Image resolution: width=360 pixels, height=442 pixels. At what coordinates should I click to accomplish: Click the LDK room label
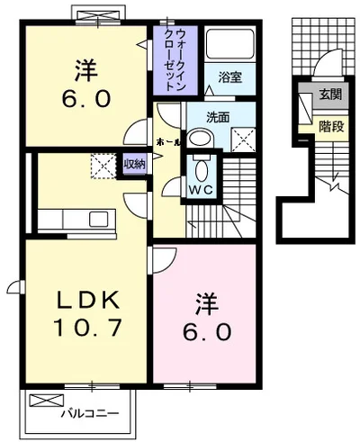pyautogui.click(x=89, y=300)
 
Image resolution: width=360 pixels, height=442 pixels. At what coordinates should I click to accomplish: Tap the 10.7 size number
pyautogui.click(x=87, y=327)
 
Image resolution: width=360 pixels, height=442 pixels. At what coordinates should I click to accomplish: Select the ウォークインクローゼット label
pyautogui.click(x=175, y=59)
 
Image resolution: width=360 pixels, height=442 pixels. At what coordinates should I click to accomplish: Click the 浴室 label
pyautogui.click(x=230, y=77)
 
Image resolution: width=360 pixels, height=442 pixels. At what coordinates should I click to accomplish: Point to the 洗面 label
pyautogui.click(x=218, y=117)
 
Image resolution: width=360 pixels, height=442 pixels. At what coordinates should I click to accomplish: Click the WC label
pyautogui.click(x=201, y=189)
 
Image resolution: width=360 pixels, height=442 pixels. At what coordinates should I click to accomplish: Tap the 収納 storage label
pyautogui.click(x=135, y=164)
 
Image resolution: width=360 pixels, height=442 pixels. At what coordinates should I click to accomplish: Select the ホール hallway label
pyautogui.click(x=168, y=142)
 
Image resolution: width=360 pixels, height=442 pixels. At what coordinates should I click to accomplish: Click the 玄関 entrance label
pyautogui.click(x=330, y=95)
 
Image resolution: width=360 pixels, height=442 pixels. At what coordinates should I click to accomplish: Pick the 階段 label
pyautogui.click(x=331, y=127)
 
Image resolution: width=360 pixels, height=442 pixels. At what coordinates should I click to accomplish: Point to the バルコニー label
pyautogui.click(x=90, y=414)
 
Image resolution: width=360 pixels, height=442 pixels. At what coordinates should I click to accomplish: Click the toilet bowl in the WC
pyautogui.click(x=201, y=170)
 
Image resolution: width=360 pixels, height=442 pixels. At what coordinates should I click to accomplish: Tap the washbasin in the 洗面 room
pyautogui.click(x=200, y=139)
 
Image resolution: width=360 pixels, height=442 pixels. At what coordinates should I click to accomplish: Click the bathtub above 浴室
pyautogui.click(x=230, y=44)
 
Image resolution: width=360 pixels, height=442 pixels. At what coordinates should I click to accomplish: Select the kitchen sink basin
pyautogui.click(x=98, y=219)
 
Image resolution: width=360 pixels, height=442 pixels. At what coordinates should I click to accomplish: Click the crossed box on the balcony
pyautogui.click(x=47, y=401)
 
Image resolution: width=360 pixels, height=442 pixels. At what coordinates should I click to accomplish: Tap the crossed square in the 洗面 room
pyautogui.click(x=243, y=140)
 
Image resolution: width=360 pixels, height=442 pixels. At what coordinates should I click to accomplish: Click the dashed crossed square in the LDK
pyautogui.click(x=103, y=167)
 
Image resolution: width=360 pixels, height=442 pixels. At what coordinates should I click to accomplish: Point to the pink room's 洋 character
pyautogui.click(x=207, y=304)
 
